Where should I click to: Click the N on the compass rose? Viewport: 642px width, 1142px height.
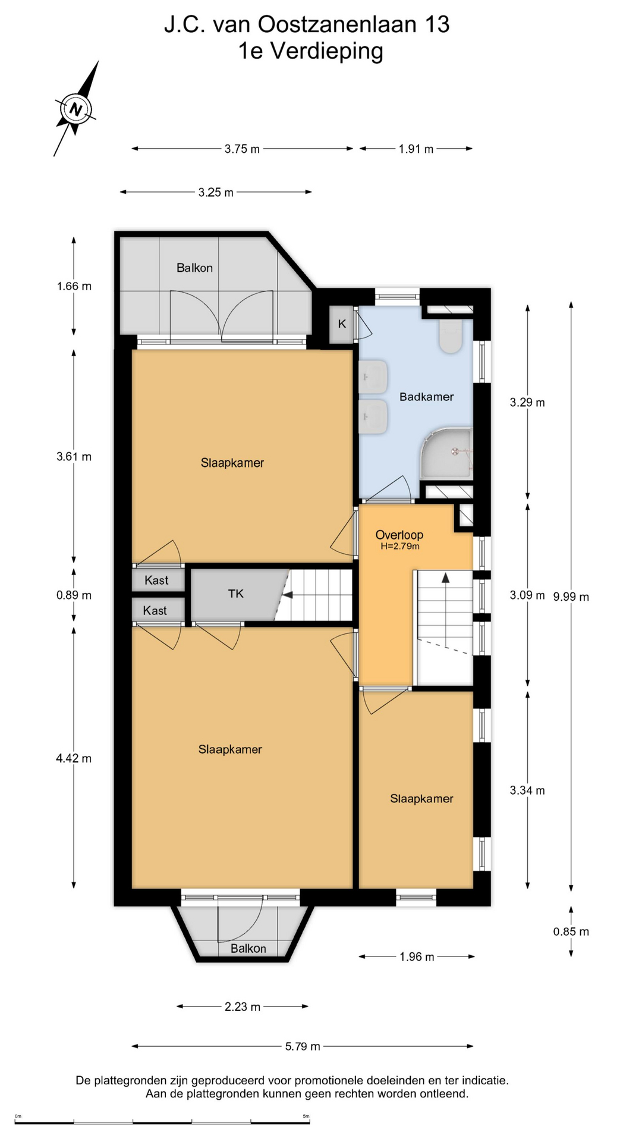[75, 109]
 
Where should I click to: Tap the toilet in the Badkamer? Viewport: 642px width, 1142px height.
[451, 336]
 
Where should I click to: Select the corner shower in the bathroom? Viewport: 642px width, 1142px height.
[447, 453]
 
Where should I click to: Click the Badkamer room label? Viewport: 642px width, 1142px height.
[426, 397]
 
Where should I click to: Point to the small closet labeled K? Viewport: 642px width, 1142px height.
[342, 324]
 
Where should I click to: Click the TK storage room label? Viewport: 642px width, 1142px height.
[236, 594]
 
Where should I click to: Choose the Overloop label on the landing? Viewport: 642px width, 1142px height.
[399, 535]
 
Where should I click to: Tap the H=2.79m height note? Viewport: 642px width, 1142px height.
[400, 546]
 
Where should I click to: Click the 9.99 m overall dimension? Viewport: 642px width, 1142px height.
[571, 597]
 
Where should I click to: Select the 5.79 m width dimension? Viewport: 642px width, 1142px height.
[303, 1046]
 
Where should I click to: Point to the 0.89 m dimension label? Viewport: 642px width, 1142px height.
[74, 595]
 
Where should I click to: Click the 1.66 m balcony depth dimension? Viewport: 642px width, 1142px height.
[74, 286]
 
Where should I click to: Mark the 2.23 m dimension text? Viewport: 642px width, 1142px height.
[243, 1007]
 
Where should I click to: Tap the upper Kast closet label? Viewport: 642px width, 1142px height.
[156, 581]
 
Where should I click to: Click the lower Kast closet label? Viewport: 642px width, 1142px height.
[155, 611]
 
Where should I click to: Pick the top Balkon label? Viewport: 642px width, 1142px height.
[194, 268]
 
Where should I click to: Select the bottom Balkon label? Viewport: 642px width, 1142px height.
[248, 949]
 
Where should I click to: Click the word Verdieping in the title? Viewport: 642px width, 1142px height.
[327, 51]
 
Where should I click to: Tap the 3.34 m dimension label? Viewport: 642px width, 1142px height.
[527, 790]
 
